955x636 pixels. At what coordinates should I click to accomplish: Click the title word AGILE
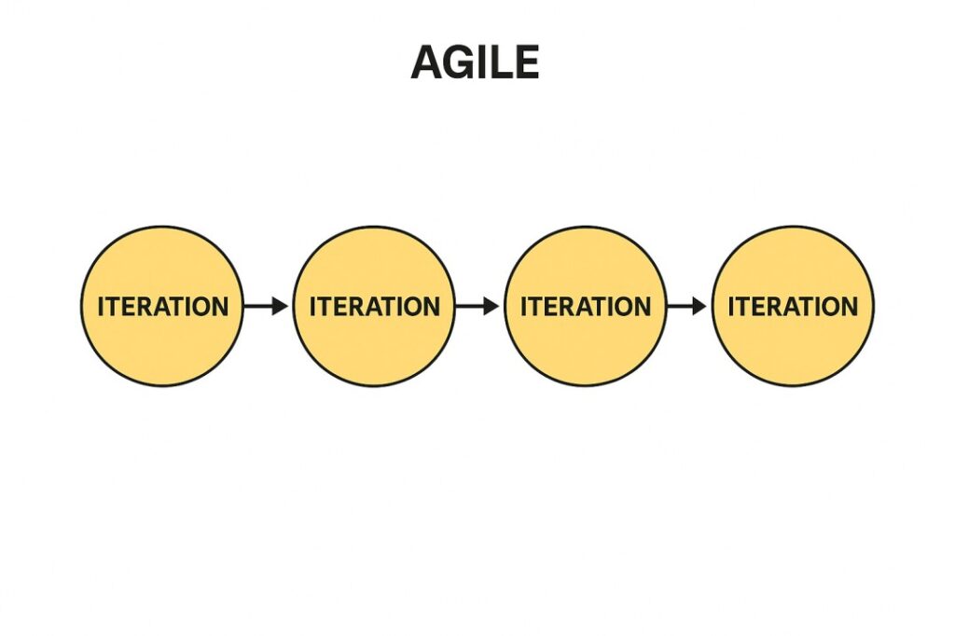(475, 62)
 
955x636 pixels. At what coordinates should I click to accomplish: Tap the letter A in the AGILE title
(427, 62)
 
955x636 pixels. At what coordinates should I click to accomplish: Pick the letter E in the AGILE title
(528, 62)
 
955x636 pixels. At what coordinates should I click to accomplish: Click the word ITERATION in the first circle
(162, 307)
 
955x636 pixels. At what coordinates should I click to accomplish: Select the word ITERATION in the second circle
(375, 307)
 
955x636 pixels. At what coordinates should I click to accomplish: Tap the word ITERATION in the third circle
(586, 307)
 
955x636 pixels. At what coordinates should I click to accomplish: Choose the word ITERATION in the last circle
(793, 307)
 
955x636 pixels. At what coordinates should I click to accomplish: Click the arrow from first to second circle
(266, 306)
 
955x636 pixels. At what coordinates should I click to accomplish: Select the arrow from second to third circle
(477, 306)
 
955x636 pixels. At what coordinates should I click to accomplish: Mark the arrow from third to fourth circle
(686, 306)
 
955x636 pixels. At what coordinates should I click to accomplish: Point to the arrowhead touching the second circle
(280, 306)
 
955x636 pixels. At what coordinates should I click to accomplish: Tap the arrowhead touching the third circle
(491, 306)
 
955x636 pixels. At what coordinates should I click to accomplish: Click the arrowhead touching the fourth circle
(699, 306)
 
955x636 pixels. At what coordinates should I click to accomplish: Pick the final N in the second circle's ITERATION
(431, 307)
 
